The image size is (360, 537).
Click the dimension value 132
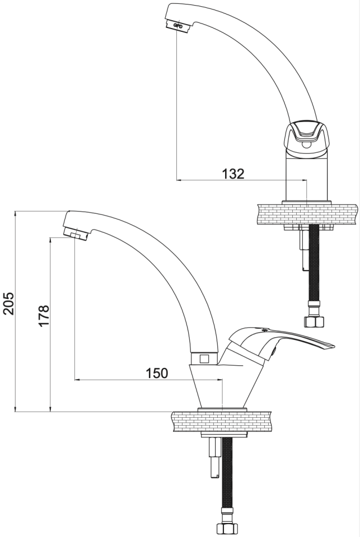pos(232,173)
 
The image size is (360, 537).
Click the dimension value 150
pos(157,373)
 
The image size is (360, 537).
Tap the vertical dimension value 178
pos(44,315)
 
